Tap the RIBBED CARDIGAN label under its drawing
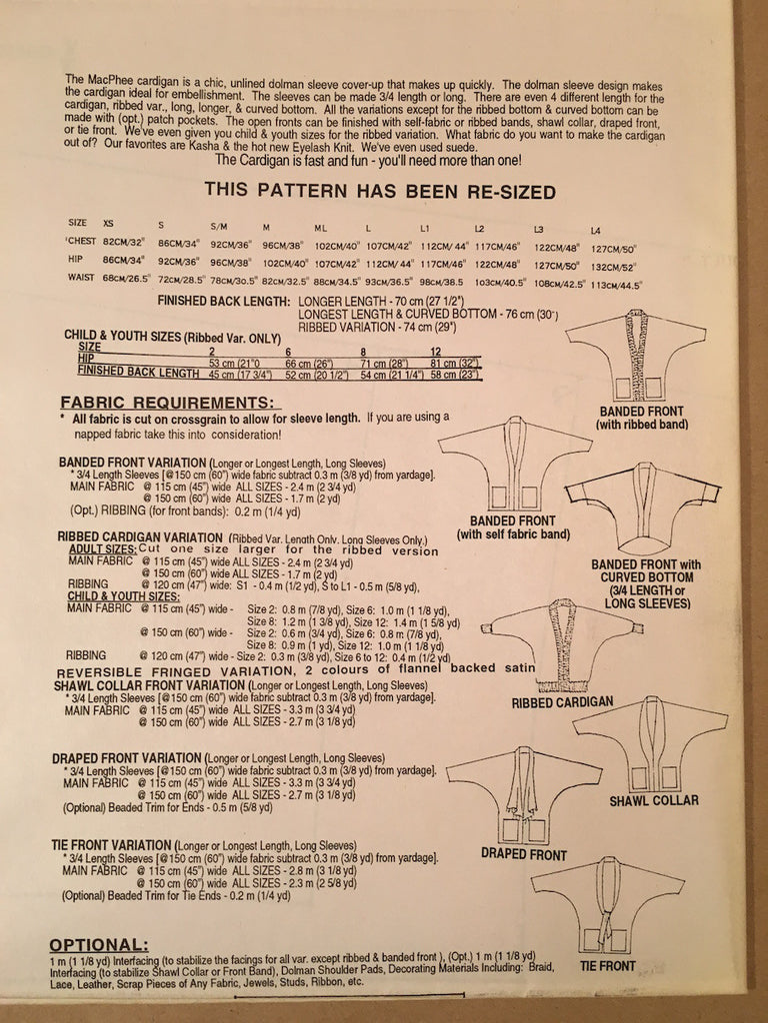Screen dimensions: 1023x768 point(563,701)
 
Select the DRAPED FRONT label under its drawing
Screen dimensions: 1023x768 point(524,855)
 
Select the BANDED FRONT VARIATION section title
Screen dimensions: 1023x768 point(131,463)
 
